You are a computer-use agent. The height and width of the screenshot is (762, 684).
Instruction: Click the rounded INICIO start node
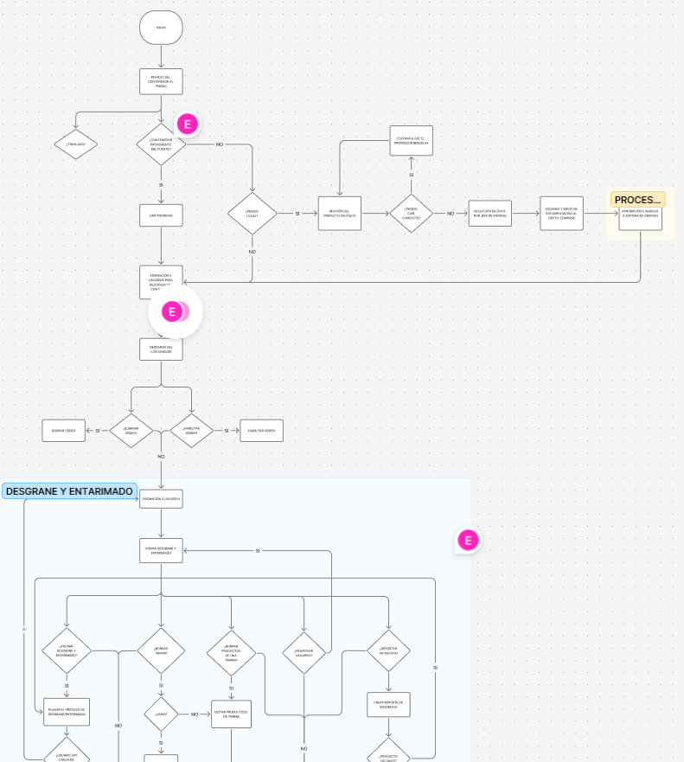tap(161, 28)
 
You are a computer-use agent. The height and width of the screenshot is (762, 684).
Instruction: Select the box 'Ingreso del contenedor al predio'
tap(161, 81)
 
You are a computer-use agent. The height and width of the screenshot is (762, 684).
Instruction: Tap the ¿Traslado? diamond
tap(76, 144)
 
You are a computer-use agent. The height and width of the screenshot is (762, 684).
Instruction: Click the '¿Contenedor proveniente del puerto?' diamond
tap(161, 144)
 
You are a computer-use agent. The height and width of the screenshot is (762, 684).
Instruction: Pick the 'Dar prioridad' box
tap(161, 215)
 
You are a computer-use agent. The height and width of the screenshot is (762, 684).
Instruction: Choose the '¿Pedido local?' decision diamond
tap(252, 213)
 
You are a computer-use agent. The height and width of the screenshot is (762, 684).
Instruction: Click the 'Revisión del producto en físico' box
tap(339, 213)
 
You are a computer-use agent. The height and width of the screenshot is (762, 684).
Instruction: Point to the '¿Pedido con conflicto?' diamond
tap(411, 213)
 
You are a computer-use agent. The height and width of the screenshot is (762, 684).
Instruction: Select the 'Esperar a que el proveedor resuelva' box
tap(411, 141)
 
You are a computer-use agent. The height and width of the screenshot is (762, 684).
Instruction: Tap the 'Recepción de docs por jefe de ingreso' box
tap(489, 213)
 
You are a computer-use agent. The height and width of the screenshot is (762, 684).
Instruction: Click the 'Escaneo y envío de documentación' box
tap(561, 213)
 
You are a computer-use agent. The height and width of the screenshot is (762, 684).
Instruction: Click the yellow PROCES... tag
tap(637, 200)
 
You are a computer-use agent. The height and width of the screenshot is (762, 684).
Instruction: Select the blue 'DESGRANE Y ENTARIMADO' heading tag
tap(69, 491)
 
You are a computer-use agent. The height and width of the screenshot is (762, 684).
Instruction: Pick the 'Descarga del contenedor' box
tap(161, 349)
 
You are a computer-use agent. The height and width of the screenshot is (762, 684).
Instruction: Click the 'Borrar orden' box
tap(64, 430)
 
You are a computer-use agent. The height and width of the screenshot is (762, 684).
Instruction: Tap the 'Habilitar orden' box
tap(261, 430)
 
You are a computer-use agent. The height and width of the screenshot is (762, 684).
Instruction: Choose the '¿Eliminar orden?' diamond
tap(131, 430)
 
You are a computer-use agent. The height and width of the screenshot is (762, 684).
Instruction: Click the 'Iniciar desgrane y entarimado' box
tap(161, 550)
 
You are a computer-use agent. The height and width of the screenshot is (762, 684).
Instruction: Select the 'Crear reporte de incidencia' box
tap(388, 704)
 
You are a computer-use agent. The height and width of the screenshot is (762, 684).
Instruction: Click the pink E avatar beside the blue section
tap(468, 541)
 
